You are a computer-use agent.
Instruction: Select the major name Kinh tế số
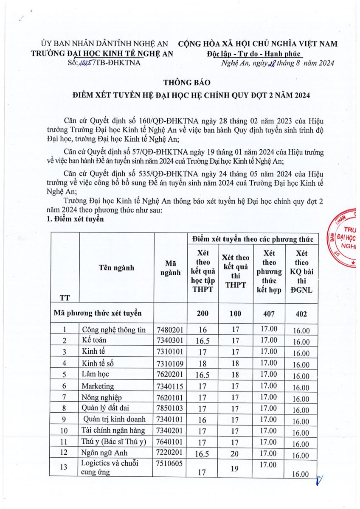[98, 363]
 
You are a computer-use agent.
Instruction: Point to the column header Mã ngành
[171, 267]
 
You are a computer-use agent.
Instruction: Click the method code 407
[270, 313]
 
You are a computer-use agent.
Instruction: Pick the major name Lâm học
[96, 374]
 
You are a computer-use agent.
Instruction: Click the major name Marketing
[98, 386]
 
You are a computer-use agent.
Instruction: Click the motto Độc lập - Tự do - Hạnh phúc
[253, 53]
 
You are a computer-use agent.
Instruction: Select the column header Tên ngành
[116, 267]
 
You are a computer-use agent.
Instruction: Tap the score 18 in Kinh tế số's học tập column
[202, 364]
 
